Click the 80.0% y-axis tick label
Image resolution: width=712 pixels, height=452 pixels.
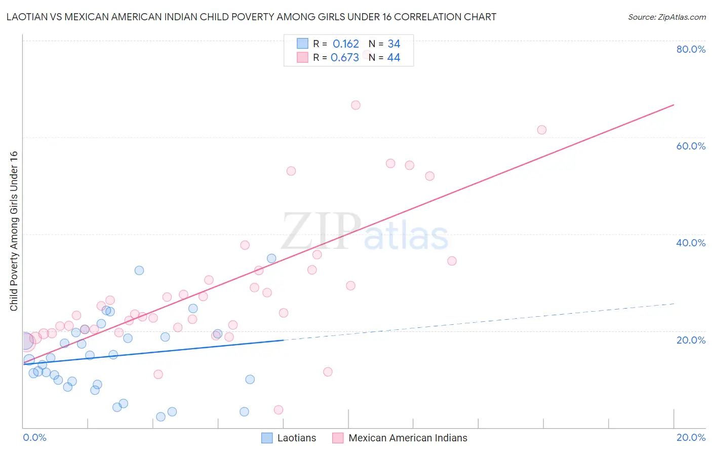tap(691, 49)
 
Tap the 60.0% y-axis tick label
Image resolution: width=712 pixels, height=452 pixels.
tap(691, 146)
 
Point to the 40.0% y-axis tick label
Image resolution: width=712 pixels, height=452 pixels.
tap(691, 243)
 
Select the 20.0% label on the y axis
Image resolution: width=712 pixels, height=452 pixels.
tap(691, 340)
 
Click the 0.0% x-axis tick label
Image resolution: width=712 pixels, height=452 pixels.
tap(34, 437)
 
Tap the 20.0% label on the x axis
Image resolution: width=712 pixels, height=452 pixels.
tap(691, 437)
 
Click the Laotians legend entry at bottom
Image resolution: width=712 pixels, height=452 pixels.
tap(296, 438)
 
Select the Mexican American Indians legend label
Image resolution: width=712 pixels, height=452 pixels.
tap(408, 438)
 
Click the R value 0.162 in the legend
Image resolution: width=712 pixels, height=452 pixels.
tap(345, 44)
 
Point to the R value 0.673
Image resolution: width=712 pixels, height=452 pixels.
tap(344, 58)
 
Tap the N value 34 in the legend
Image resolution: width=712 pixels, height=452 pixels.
tap(393, 44)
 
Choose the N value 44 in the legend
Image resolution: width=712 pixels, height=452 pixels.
tap(393, 58)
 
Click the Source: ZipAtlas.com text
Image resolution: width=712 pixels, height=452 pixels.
tap(666, 17)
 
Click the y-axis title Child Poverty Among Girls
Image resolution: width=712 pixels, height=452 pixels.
tap(14, 231)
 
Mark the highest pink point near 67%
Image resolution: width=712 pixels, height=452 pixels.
tap(355, 105)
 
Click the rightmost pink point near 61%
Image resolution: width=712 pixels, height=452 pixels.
tap(541, 130)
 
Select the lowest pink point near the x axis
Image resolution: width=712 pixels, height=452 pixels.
tap(278, 410)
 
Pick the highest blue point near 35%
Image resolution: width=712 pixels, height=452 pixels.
tap(271, 258)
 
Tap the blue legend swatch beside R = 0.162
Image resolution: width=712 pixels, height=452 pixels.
tap(302, 44)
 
